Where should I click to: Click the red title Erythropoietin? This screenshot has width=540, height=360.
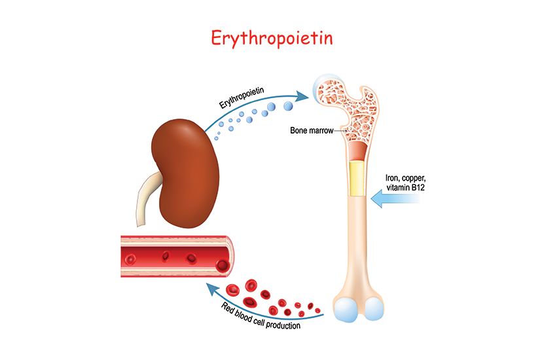click(272, 38)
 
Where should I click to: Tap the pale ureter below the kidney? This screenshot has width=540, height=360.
click(148, 200)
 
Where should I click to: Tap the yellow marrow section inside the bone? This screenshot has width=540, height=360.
click(357, 178)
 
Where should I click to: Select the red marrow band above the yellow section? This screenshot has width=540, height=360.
click(357, 153)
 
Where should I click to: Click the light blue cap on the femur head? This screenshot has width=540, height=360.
click(323, 88)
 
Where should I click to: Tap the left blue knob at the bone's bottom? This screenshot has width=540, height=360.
click(347, 310)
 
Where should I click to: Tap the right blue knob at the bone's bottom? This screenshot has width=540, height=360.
click(375, 310)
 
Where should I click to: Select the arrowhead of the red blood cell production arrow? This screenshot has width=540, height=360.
click(207, 287)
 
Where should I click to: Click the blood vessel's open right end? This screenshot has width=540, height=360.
click(224, 255)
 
